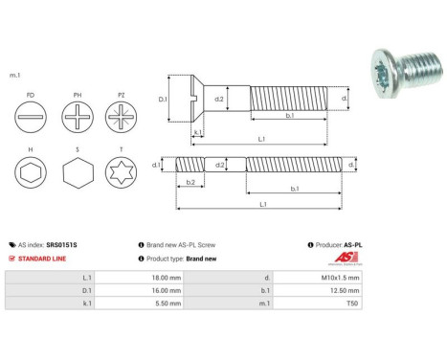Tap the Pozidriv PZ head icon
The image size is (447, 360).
pyautogui.click(x=122, y=122)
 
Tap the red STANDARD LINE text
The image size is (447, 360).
pyautogui.click(x=43, y=259)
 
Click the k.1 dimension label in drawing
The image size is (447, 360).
pyautogui.click(x=196, y=134)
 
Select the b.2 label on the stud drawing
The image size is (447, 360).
pyautogui.click(x=190, y=182)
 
